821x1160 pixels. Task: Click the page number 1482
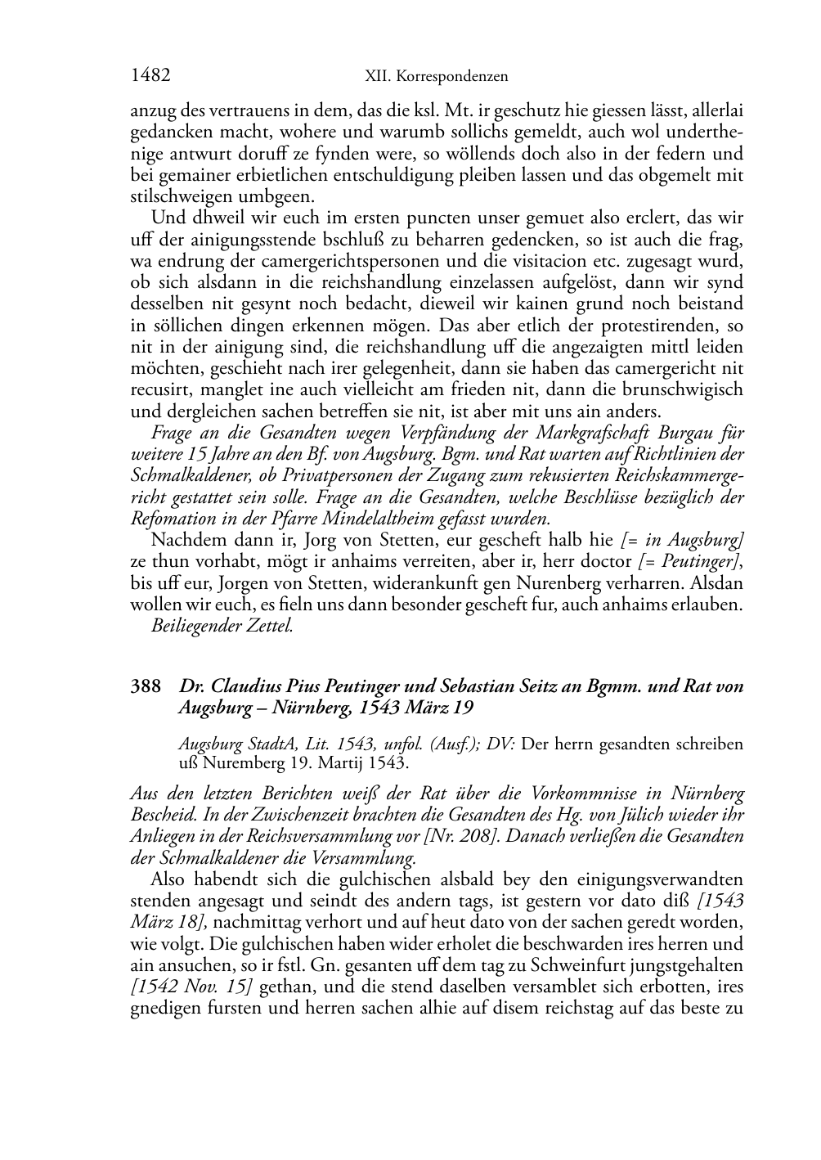150,76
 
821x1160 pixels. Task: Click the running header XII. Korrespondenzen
436,77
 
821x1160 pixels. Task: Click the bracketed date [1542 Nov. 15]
189,987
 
